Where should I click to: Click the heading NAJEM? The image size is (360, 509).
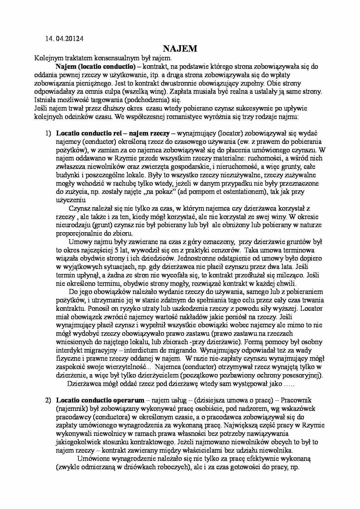180,48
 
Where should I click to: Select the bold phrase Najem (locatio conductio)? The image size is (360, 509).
96,66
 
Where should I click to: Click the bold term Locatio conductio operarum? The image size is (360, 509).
100,400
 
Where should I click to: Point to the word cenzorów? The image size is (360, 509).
225,250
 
